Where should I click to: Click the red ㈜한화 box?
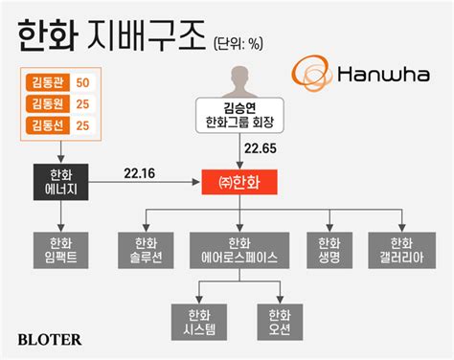pos(239,182)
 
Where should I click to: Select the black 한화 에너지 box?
pos(60,182)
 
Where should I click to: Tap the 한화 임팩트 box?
pos(60,250)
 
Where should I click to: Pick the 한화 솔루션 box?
pos(146,250)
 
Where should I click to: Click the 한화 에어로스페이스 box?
pos(239,250)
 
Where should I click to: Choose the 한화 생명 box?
pos(329,250)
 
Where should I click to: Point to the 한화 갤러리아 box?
pos(402,250)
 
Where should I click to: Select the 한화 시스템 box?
pos(199,322)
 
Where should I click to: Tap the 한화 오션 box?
pos(280,322)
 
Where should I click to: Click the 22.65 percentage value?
pos(261,148)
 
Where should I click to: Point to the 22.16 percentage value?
pos(139,173)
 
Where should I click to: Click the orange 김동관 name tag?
pos(48,82)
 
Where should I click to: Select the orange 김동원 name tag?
pos(48,104)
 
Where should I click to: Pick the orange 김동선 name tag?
pos(48,125)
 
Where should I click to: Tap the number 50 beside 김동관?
pos(82,82)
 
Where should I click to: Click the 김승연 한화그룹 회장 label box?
pos(239,115)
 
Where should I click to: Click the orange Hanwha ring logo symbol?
pos(310,73)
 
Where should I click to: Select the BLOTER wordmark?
pos(50,340)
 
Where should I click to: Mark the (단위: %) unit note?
pos(238,43)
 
